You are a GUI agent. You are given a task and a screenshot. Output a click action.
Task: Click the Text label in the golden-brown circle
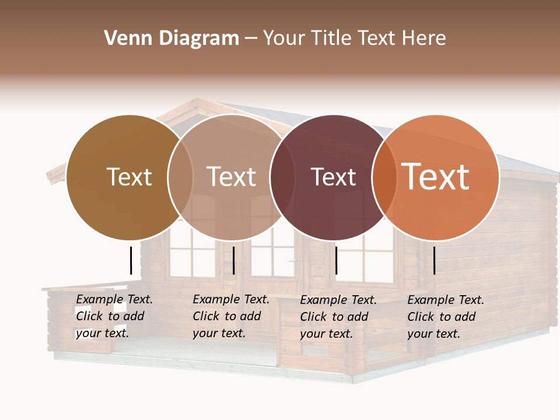tap(129, 177)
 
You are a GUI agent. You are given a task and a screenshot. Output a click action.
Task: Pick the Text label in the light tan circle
tap(231, 177)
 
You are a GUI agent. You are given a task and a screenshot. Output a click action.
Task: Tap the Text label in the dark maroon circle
tap(333, 177)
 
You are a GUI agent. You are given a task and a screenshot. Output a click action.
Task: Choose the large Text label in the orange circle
tap(436, 177)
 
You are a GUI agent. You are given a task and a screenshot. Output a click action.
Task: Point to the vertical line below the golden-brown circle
tap(131, 260)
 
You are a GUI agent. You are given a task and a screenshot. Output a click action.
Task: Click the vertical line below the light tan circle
tap(233, 260)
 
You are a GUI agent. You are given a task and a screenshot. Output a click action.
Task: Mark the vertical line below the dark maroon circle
tap(336, 260)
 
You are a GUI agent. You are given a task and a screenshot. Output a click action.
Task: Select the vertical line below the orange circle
tap(434, 260)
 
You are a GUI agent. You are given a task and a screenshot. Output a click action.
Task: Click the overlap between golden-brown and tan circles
tap(180, 177)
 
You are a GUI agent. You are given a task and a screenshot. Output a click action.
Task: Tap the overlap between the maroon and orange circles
tap(384, 177)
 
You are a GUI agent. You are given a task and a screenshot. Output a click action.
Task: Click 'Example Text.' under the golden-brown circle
tap(114, 299)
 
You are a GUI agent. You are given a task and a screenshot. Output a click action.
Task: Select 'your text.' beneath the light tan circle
tap(219, 333)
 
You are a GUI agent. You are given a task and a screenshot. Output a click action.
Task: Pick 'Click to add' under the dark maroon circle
tap(334, 317)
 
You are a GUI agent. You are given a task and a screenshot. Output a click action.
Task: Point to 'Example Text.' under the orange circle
tap(446, 300)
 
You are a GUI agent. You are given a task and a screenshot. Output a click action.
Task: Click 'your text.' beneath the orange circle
tap(433, 334)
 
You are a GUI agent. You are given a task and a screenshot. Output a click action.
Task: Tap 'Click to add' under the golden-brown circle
tap(110, 316)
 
